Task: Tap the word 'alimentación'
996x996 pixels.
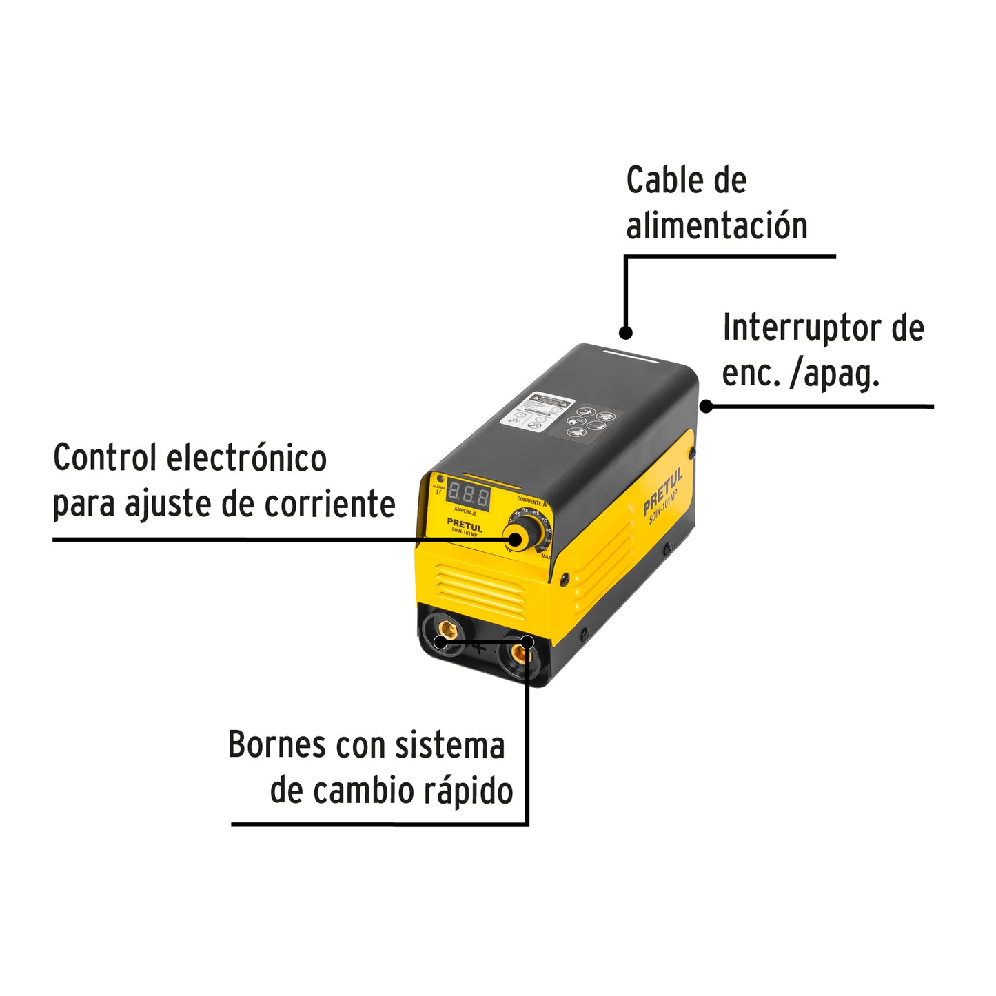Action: tap(716, 226)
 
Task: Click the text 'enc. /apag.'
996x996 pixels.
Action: tap(801, 374)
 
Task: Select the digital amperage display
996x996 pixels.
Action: tap(469, 495)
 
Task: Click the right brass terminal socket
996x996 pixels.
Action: tap(520, 652)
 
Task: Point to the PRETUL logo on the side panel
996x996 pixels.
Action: tap(662, 491)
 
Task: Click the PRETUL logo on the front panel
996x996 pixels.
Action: tap(465, 524)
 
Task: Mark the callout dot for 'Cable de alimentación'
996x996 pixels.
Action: tap(625, 333)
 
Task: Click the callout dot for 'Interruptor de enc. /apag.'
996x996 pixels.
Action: tap(706, 406)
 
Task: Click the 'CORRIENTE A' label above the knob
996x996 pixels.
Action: tap(531, 502)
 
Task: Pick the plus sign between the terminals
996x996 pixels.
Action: tap(480, 648)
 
